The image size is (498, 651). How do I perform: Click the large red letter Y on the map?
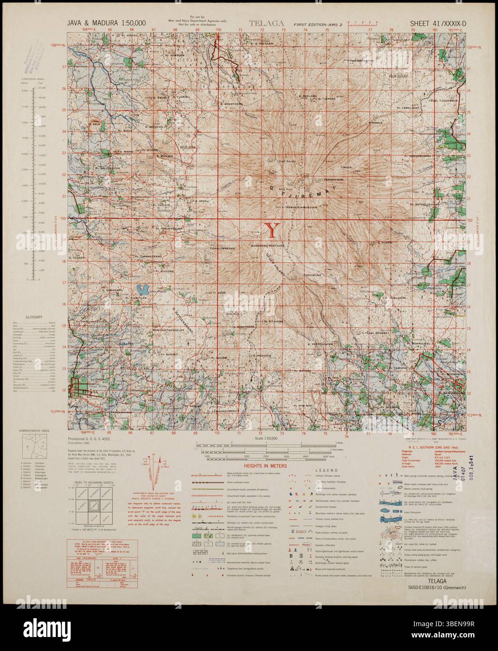(273, 230)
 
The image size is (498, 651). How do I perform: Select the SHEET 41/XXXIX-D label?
(437, 23)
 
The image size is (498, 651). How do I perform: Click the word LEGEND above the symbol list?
(322, 470)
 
